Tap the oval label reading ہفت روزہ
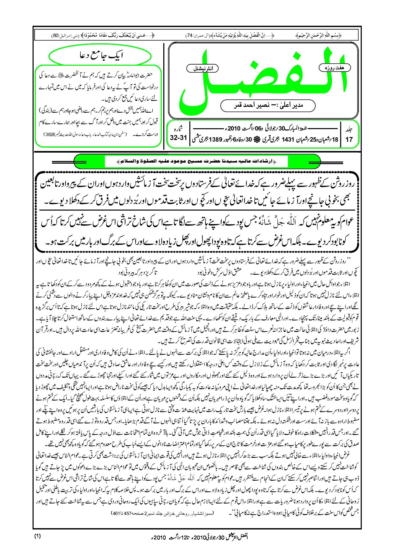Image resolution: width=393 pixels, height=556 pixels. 334,68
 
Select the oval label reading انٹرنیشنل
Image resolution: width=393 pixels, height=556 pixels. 202,69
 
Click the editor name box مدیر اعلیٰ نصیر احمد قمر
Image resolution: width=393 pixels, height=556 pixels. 268,106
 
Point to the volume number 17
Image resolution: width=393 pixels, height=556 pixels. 349,139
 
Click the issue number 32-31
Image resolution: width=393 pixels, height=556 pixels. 178,138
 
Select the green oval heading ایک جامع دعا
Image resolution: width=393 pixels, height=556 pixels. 100,56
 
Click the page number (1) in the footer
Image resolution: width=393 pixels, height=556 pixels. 38,536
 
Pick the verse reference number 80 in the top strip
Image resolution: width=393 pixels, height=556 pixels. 56,35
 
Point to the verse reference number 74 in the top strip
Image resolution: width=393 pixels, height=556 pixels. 189,35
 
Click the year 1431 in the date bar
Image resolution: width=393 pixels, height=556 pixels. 288,139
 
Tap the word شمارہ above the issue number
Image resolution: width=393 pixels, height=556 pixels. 179,129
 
